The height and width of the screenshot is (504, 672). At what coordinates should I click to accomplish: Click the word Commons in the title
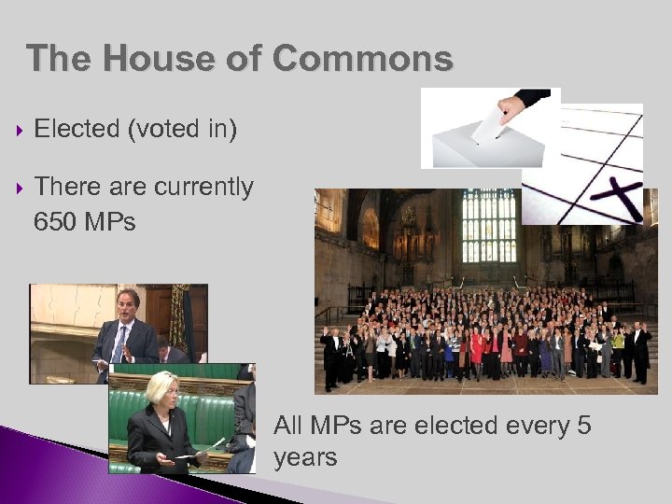click(363, 59)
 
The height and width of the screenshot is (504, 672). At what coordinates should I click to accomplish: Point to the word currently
click(203, 187)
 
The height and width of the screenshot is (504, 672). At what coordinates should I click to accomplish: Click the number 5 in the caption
click(584, 427)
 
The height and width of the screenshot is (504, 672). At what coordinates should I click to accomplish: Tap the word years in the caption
click(305, 458)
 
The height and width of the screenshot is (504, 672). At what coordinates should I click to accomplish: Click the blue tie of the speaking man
click(119, 343)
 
